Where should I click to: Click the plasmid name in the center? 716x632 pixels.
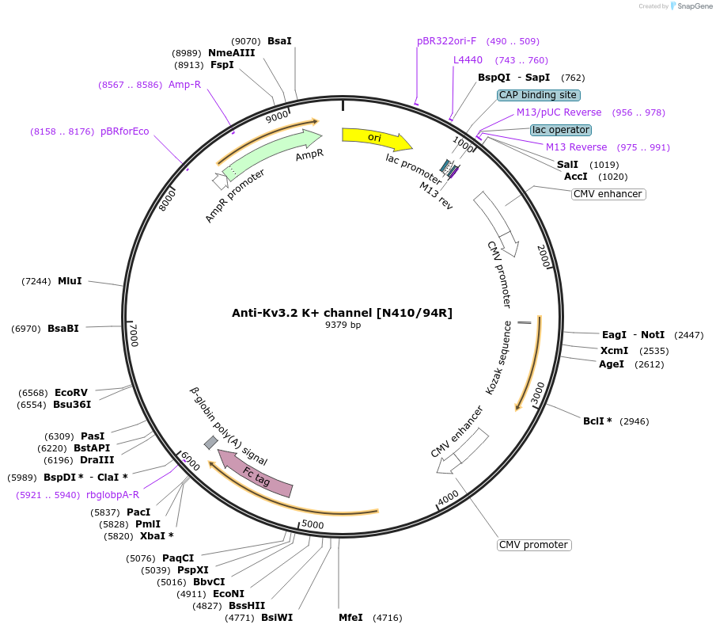(x=342, y=313)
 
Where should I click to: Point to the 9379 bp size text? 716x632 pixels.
(x=343, y=326)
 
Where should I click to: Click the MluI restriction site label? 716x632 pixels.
(x=70, y=281)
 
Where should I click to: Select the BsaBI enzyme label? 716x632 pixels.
(x=63, y=328)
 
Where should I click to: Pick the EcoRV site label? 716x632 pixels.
(x=71, y=393)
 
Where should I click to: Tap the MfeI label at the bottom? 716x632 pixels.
(x=350, y=617)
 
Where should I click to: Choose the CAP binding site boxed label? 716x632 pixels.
(x=539, y=95)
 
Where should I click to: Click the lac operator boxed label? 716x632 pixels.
(x=561, y=130)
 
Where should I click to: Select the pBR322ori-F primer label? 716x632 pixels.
(x=447, y=41)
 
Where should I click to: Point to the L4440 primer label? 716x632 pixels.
(x=468, y=60)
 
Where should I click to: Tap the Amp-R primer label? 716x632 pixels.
(x=184, y=84)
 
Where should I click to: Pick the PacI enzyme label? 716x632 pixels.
(x=138, y=512)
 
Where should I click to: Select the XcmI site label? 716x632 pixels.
(x=615, y=350)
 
